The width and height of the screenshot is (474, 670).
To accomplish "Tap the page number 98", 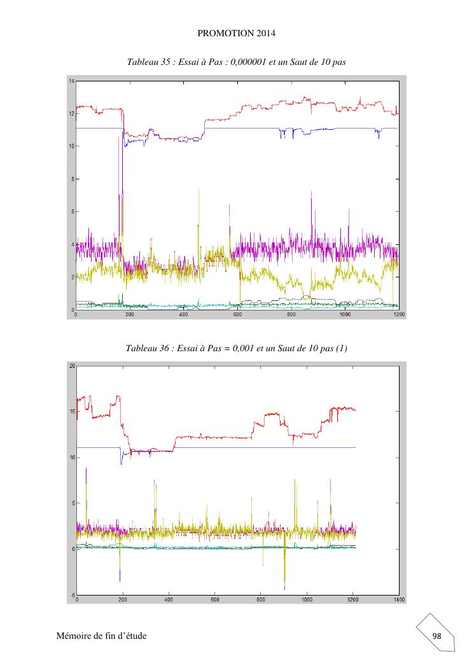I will [436, 636].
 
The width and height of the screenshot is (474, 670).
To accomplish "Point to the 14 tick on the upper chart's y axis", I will [72, 81].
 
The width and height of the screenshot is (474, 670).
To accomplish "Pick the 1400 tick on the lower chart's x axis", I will [399, 599].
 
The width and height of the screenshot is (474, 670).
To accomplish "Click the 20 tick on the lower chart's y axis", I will [72, 366].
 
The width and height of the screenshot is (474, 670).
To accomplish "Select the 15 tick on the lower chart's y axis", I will [72, 412].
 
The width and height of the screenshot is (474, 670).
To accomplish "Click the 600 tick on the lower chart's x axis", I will [214, 599].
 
